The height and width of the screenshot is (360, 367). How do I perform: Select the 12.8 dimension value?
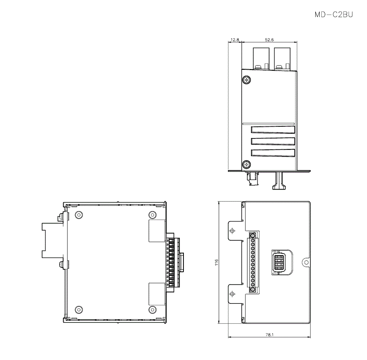[x=235, y=39]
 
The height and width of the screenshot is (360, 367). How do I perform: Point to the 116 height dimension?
[x=216, y=262]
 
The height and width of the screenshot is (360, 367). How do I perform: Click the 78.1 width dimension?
[x=270, y=335]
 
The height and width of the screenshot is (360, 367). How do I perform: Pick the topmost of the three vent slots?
[x=273, y=130]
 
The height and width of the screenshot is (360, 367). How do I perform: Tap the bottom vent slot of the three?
[x=273, y=153]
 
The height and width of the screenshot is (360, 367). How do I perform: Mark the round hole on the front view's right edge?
[x=305, y=262]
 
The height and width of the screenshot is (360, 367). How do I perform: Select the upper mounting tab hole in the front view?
[x=232, y=231]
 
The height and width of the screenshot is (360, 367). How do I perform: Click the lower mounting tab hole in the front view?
[x=232, y=294]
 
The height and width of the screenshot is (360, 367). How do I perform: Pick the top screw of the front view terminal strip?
[x=252, y=235]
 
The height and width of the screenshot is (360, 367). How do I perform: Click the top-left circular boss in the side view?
[x=78, y=215]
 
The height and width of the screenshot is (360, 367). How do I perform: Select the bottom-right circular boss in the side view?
[x=152, y=309]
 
